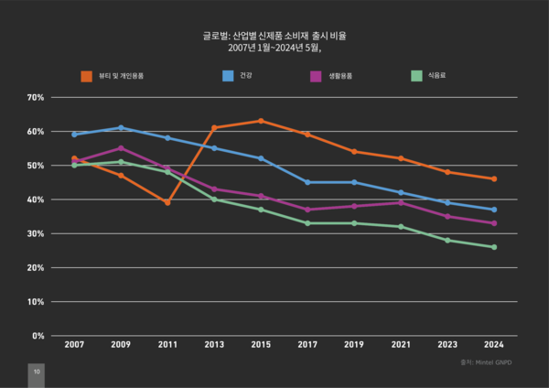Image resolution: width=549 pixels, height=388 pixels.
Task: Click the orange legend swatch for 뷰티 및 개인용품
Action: click(87, 75)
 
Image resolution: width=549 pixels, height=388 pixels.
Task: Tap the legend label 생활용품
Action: click(340, 75)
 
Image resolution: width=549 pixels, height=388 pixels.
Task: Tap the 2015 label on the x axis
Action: click(261, 345)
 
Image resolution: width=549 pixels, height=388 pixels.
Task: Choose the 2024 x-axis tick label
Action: click(494, 345)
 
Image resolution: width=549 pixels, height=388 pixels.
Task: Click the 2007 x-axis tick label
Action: click(74, 345)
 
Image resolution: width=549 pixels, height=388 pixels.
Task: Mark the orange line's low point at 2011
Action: click(167, 202)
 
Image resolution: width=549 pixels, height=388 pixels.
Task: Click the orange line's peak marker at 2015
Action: click(261, 121)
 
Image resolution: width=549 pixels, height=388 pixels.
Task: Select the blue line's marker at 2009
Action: click(121, 128)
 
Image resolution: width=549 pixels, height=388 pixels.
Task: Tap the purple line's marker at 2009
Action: click(121, 148)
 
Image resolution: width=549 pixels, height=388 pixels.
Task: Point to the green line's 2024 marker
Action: click(494, 247)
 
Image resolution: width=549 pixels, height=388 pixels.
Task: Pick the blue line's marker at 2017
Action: click(307, 182)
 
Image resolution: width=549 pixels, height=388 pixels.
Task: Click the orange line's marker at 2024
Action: click(494, 179)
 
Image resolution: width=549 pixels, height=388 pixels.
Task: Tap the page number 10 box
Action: click(36, 373)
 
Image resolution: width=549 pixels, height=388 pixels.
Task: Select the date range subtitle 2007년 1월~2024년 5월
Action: click(274, 48)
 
